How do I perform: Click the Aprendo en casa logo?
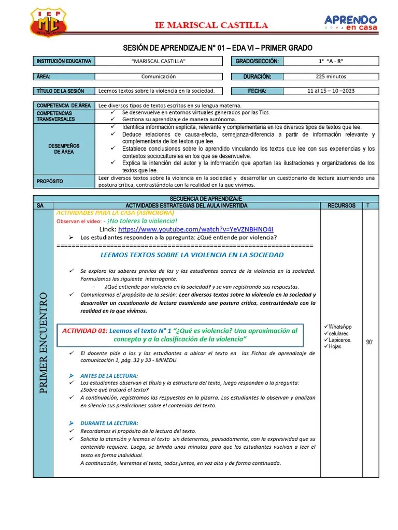[351, 22]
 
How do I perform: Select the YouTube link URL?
[195, 229]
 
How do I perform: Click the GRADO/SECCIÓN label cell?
[257, 62]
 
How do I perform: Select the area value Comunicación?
[159, 77]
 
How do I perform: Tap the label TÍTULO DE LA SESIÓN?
[61, 92]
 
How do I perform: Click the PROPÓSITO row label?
[50, 182]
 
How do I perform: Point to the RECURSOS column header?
[342, 205]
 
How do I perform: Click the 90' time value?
[370, 343]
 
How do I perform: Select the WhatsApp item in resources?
[340, 327]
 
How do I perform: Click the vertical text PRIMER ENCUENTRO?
[44, 343]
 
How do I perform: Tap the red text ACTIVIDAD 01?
[84, 331]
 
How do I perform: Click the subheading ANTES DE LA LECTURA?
[109, 375]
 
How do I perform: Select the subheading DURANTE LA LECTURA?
[109, 423]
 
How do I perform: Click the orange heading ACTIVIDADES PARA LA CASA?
[115, 213]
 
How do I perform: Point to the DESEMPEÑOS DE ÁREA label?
[64, 149]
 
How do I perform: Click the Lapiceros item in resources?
[340, 340]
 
